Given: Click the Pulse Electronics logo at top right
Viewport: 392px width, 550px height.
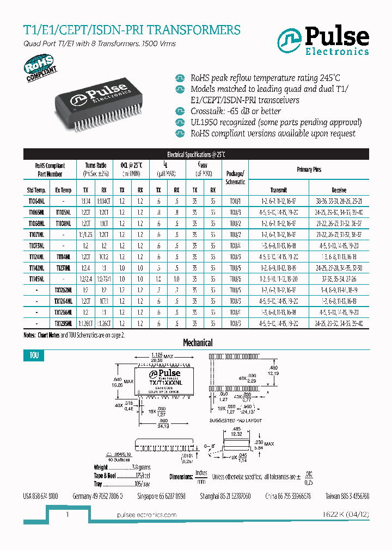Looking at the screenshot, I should (323, 41).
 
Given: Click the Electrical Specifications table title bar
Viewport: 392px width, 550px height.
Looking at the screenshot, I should (195, 154).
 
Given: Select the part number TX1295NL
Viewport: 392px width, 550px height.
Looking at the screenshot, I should (63, 323).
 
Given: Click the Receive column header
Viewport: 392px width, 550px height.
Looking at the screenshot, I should (339, 190).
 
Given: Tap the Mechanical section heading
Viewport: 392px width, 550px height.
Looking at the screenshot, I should (197, 343).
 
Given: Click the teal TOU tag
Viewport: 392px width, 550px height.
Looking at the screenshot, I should (33, 356).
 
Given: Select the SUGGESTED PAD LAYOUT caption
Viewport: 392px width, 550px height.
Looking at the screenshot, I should (236, 421).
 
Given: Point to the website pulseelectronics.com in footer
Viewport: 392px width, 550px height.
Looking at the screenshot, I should (147, 515).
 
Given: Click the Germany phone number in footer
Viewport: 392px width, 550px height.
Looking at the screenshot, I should (97, 496).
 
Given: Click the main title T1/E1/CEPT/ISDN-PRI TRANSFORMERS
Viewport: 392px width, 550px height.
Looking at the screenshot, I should (131, 30).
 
